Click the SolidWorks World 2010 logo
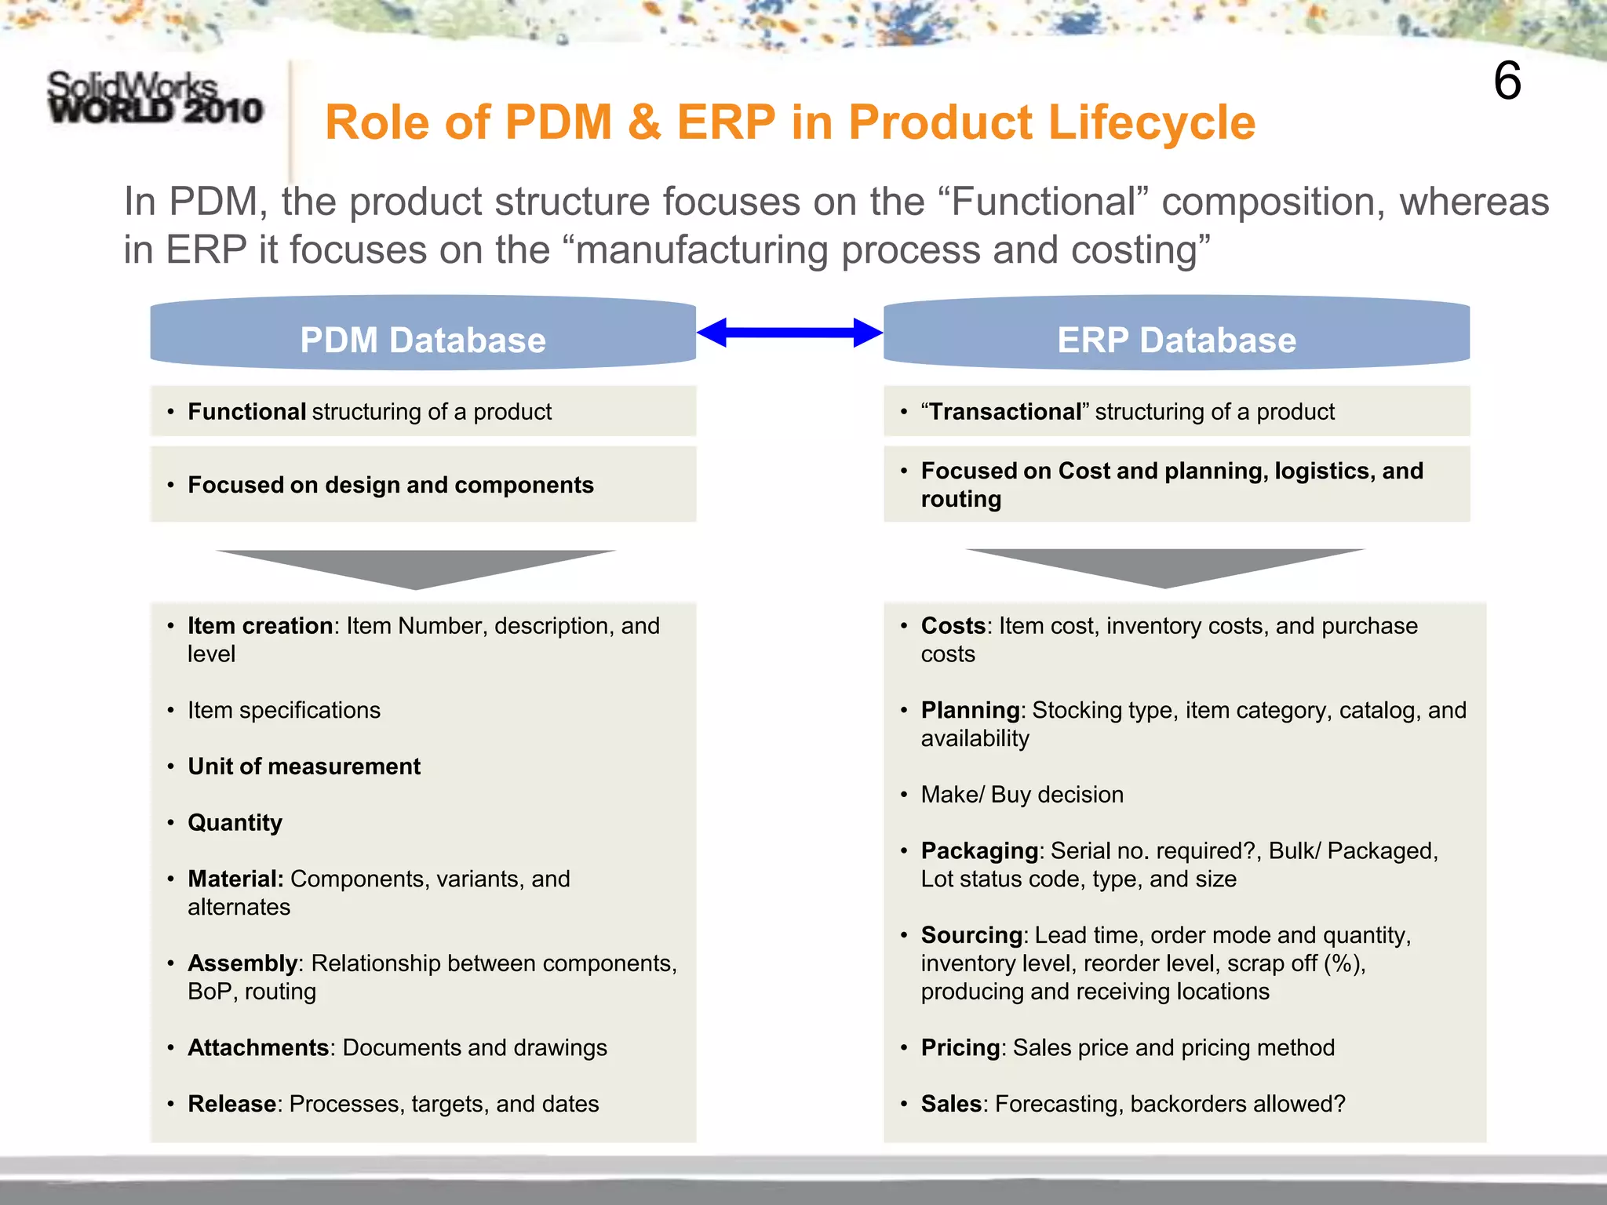coord(155,98)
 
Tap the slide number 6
coord(1507,81)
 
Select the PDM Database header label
coord(422,340)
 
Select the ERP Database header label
coord(1176,340)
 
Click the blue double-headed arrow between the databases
coord(789,333)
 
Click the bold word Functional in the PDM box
coord(246,412)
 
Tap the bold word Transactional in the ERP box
coord(1005,412)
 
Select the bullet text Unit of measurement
coord(304,766)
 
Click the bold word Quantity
coord(235,823)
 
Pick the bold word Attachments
coord(258,1048)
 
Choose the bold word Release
coord(231,1105)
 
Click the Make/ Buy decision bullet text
coord(1022,795)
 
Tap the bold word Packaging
coord(979,851)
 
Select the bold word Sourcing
coord(971,936)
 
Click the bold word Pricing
coord(960,1048)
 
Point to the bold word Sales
coord(951,1105)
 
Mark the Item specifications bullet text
coord(283,711)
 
